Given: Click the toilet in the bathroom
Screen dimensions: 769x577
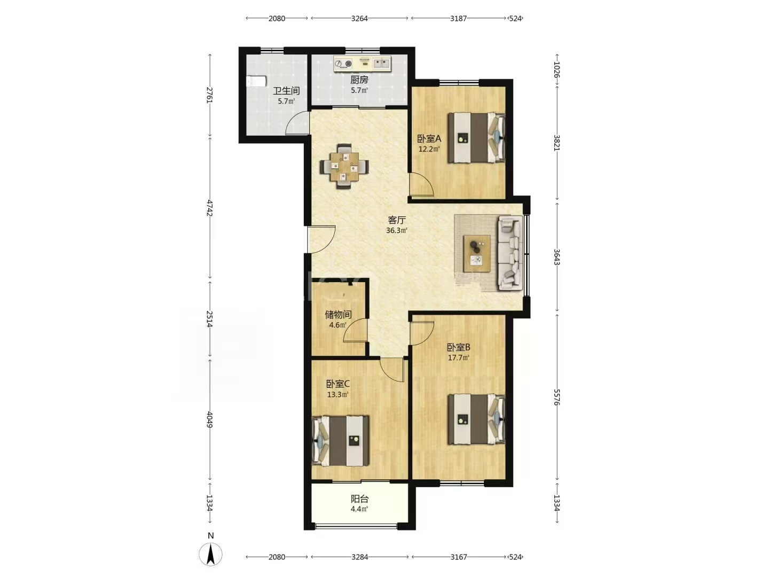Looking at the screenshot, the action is [x=256, y=82].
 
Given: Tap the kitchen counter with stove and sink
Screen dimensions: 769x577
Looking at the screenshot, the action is [x=362, y=64].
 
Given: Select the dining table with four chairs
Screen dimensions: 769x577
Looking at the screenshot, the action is [x=344, y=166].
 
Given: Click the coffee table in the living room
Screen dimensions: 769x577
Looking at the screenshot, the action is [x=476, y=253].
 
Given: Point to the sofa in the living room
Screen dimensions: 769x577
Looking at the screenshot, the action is [x=510, y=253].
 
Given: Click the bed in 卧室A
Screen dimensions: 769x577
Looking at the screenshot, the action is [x=476, y=137].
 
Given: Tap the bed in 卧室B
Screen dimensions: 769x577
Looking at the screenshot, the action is [x=476, y=419].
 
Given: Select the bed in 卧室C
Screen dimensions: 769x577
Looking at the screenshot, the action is [x=341, y=441].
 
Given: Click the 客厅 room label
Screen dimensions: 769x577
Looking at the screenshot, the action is [x=397, y=220].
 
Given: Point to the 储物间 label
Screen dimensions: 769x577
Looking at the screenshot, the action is [x=338, y=315].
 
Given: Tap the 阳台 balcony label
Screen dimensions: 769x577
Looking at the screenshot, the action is [x=359, y=498].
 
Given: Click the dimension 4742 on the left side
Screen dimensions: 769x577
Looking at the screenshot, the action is [x=209, y=208].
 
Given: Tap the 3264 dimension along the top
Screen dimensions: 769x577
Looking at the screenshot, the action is [x=359, y=19].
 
